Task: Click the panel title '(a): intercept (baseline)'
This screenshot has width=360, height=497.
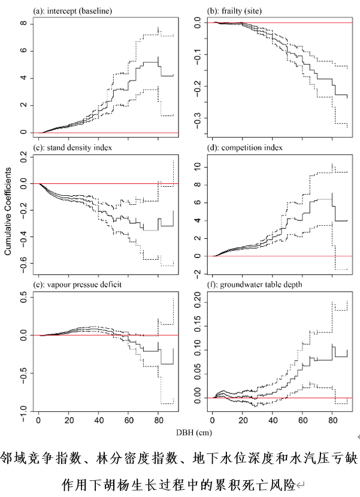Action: [73, 11]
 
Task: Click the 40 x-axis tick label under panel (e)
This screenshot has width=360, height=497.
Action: [98, 419]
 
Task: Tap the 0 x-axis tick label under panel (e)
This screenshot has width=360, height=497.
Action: [38, 419]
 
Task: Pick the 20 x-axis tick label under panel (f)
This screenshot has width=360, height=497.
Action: [241, 419]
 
